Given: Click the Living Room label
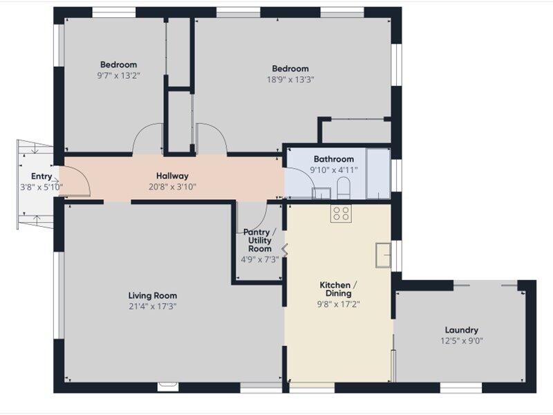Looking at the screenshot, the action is click(152, 296).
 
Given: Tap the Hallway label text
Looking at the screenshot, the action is click(172, 176).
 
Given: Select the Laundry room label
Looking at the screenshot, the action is click(462, 331).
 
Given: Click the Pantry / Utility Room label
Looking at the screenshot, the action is click(260, 240).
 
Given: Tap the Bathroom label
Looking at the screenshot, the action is click(334, 159).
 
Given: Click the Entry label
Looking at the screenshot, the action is click(41, 176).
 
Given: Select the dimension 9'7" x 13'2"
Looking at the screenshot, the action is click(118, 75).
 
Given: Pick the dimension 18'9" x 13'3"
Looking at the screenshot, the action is click(290, 80).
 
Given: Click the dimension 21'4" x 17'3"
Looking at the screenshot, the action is click(152, 306).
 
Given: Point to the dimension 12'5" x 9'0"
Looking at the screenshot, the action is click(462, 341).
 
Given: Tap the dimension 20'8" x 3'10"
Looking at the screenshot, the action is click(172, 187).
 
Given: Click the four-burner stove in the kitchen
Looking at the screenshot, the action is click(341, 213).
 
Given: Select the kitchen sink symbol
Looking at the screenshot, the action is click(383, 255).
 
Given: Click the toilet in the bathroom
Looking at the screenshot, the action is click(344, 187).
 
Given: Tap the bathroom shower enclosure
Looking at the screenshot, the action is click(378, 174).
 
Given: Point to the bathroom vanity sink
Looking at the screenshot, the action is click(321, 194).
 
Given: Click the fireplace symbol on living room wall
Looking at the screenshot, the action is click(168, 387).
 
